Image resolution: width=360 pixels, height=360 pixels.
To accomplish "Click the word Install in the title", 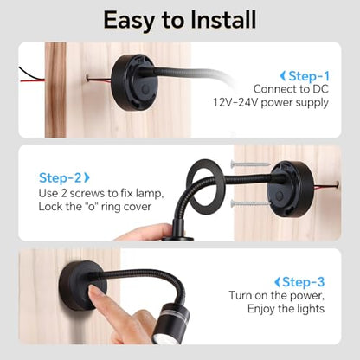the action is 223,20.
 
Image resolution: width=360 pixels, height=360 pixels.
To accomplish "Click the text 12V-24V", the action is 235,102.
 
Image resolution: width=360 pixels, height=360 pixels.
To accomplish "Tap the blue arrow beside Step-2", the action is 87,177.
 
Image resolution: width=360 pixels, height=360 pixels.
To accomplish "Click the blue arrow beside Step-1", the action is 283,76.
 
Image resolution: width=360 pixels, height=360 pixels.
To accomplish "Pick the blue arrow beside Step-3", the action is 277,282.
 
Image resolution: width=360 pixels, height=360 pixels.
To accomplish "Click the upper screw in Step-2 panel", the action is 250,164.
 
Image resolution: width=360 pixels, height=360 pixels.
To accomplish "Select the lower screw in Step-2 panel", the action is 250,203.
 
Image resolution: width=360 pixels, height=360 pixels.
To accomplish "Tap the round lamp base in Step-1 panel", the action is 134,82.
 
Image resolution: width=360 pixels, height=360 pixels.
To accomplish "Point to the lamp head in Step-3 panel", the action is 171,323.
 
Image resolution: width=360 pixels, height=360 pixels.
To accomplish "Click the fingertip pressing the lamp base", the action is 94,292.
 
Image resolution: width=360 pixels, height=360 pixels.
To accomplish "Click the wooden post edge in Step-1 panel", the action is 55,90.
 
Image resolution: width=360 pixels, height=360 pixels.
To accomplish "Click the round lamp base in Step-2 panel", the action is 291,190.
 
